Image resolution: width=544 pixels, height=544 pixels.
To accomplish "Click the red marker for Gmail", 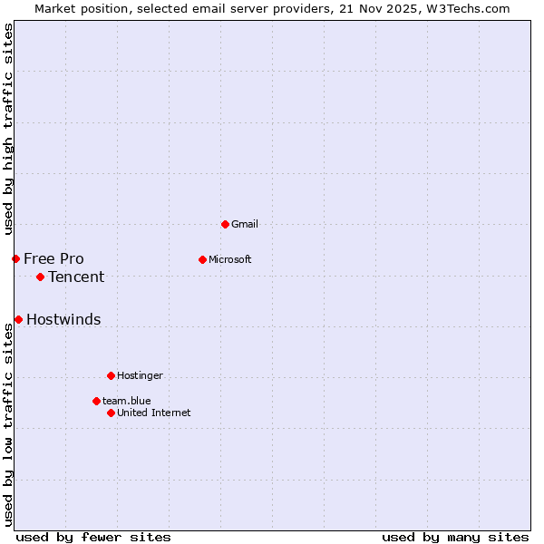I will pyautogui.click(x=225, y=224).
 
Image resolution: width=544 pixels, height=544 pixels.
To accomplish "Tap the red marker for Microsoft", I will pyautogui.click(x=202, y=259).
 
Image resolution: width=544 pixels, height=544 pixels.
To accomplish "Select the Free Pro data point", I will pyautogui.click(x=15, y=258).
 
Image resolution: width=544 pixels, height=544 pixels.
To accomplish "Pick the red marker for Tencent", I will pyautogui.click(x=40, y=277).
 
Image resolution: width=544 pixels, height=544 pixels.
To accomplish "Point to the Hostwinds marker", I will pyautogui.click(x=18, y=319).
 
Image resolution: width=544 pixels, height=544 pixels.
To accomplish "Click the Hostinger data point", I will pyautogui.click(x=111, y=375).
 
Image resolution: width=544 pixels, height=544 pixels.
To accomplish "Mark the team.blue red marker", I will pyautogui.click(x=96, y=401).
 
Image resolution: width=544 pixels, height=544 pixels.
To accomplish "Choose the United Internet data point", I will pyautogui.click(x=111, y=413).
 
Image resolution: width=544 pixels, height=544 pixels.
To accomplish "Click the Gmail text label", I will pyautogui.click(x=245, y=224).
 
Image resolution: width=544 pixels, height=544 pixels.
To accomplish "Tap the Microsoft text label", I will pyautogui.click(x=230, y=259).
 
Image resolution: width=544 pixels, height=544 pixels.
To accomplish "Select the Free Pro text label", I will pyautogui.click(x=53, y=258).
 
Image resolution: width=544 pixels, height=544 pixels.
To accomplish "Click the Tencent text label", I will pyautogui.click(x=76, y=277).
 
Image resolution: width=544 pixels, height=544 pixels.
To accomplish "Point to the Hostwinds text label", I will pyautogui.click(x=63, y=319).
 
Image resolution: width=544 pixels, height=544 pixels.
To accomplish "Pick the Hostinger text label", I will pyautogui.click(x=140, y=375).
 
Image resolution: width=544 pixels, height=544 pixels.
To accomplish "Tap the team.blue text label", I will pyautogui.click(x=126, y=401).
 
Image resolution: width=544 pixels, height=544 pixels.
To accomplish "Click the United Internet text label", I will pyautogui.click(x=154, y=413).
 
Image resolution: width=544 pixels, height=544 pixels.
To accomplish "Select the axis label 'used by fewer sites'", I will pyautogui.click(x=93, y=537).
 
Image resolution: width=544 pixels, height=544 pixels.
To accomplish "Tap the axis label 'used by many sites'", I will pyautogui.click(x=455, y=537).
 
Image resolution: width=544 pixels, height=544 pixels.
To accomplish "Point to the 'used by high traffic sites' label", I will pyautogui.click(x=8, y=129).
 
